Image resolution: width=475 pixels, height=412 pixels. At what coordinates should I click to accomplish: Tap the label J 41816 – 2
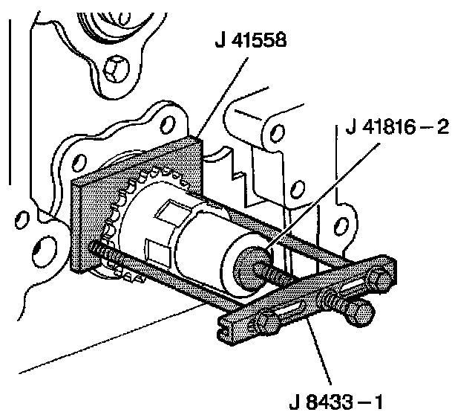397,129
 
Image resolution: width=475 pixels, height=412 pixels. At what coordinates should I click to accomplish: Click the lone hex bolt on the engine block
116,71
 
